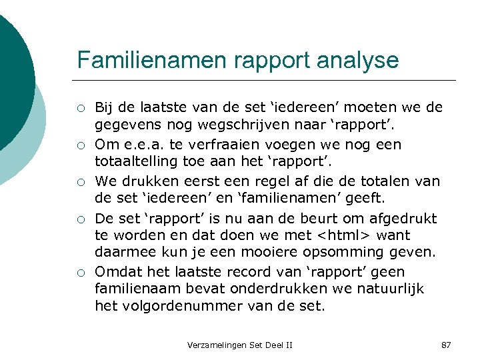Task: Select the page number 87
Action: click(446, 345)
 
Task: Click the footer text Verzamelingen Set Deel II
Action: click(239, 345)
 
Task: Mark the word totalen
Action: click(390, 181)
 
